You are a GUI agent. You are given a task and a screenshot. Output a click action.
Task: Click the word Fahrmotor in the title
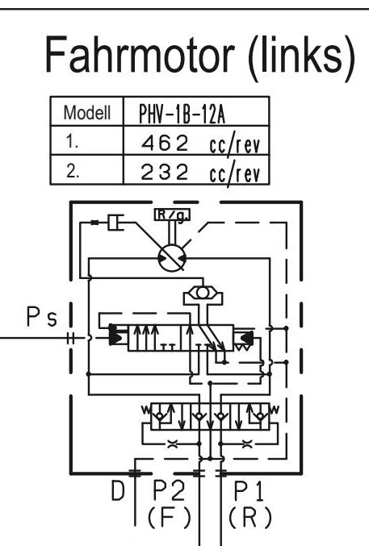140,55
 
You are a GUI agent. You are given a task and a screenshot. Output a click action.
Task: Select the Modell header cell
87,112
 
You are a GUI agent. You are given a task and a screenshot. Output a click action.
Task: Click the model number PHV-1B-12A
182,114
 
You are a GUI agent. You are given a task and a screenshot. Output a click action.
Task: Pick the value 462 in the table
165,143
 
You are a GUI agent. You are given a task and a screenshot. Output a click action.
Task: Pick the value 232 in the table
165,172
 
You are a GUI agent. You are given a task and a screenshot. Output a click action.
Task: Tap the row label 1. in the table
72,142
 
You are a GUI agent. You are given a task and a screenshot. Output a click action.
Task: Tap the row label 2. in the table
73,171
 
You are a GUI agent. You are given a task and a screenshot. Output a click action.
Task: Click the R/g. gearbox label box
172,215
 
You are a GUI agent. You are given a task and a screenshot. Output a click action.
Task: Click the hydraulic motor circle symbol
172,258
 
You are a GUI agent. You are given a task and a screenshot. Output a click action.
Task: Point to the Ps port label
41,316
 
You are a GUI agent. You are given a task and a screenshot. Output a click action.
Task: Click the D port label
118,490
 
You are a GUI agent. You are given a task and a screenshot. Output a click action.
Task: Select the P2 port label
169,490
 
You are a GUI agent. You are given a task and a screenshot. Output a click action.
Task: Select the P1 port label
249,490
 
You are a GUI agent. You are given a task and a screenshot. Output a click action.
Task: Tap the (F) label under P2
169,517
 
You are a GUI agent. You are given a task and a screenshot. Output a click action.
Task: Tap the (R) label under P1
250,517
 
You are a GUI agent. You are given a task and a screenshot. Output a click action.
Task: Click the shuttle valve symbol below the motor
203,293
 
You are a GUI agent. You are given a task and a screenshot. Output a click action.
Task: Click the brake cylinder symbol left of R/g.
115,223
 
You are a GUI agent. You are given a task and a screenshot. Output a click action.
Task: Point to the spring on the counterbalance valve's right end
275,410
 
